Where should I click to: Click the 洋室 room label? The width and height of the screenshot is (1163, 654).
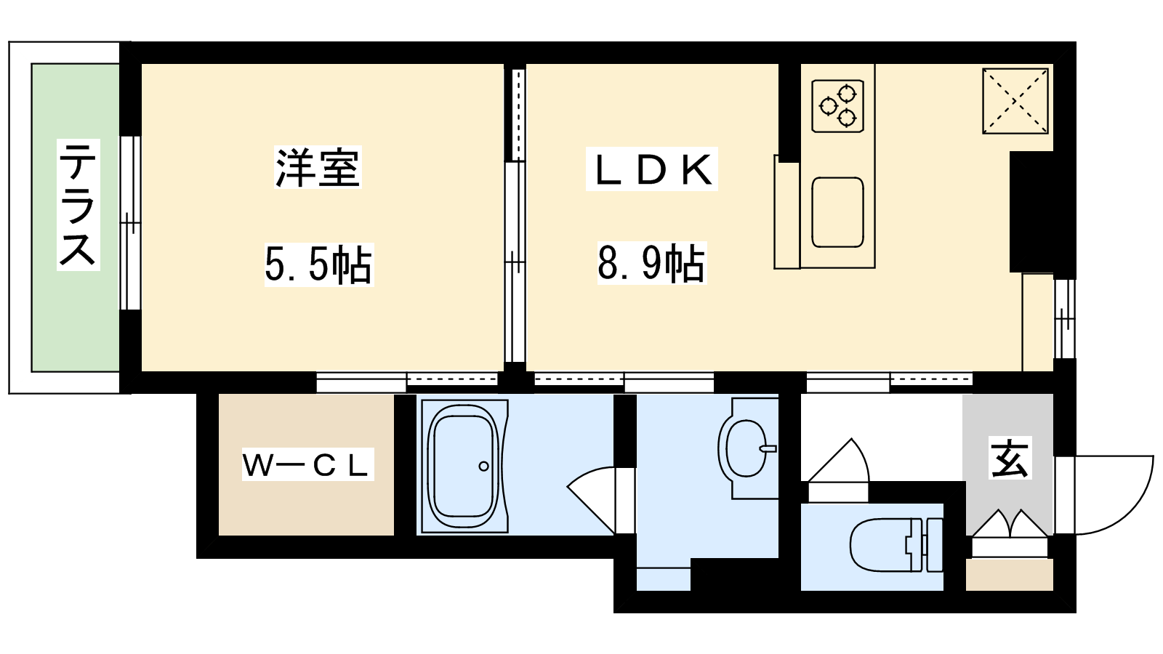(318, 168)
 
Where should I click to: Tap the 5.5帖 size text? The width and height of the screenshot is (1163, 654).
(319, 265)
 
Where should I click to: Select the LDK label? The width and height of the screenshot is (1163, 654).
(652, 169)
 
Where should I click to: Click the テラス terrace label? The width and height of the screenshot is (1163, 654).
(78, 204)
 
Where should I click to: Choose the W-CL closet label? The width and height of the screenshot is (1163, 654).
(307, 464)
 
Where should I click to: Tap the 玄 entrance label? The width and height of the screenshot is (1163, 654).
(1010, 457)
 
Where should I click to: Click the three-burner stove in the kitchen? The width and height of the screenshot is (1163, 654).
(837, 106)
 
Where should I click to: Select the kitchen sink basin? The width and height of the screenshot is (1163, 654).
(837, 212)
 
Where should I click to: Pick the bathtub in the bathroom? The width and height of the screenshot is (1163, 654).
(464, 466)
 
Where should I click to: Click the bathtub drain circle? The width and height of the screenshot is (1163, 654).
(483, 466)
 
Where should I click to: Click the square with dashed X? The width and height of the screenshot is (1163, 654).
(1015, 101)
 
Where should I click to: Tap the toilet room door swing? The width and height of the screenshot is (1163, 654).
(837, 461)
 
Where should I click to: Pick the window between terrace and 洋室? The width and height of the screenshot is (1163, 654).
(130, 223)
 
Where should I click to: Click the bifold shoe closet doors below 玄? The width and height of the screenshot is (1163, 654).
(1010, 523)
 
